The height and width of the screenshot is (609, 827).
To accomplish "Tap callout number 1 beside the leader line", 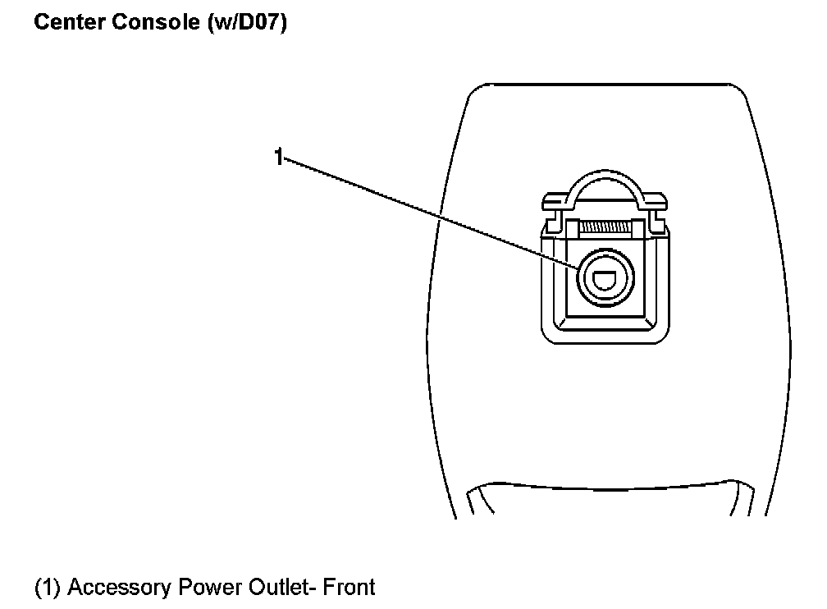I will [279, 156].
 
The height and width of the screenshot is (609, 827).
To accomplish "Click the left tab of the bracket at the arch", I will [555, 201].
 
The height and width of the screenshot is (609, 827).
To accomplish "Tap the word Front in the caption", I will [350, 588].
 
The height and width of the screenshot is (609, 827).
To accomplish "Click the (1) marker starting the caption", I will [48, 588].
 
